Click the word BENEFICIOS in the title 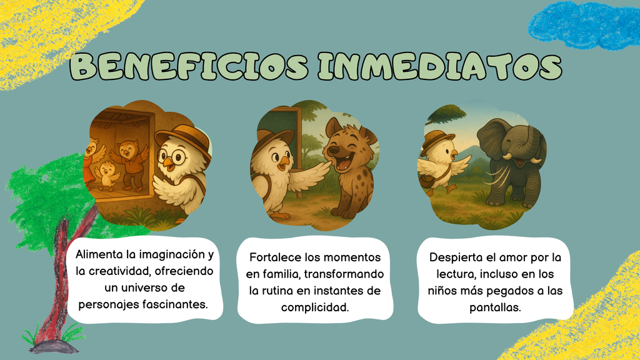[189, 66]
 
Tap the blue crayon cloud [584, 26]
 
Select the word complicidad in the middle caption [315, 307]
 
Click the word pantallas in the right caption [495, 307]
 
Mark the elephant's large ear [492, 139]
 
